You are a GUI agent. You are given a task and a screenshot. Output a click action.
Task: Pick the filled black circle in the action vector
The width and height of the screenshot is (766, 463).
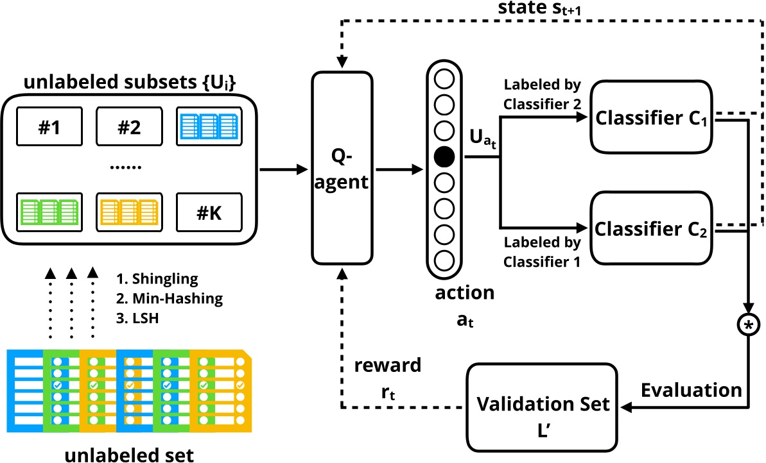point(444,155)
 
